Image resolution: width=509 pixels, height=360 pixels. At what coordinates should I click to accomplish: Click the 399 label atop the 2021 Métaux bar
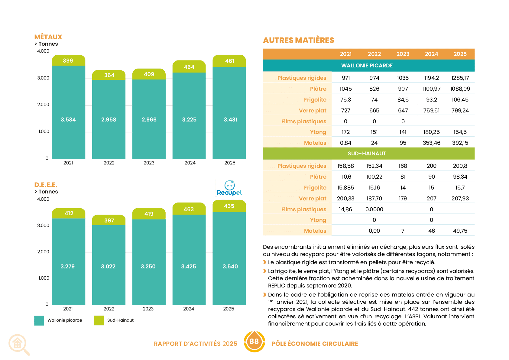[68, 61]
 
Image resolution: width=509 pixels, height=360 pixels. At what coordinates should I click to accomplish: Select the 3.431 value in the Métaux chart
[230, 119]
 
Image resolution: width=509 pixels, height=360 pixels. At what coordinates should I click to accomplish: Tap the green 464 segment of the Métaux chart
[189, 66]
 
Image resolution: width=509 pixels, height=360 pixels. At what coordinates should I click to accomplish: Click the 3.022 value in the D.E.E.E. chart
[108, 266]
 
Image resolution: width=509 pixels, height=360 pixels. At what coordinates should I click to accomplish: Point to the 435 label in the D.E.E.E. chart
[229, 206]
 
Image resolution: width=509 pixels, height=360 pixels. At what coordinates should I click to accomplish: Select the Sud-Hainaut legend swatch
[99, 320]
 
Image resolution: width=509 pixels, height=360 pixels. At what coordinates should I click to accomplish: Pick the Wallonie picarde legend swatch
[39, 320]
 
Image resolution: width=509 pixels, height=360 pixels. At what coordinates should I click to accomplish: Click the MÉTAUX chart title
[48, 37]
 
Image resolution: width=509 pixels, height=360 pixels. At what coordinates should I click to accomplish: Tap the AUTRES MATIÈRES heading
[299, 40]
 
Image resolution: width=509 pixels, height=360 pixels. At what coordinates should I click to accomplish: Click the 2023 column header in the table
[403, 54]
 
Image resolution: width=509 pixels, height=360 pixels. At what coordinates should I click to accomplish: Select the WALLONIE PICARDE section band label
[367, 66]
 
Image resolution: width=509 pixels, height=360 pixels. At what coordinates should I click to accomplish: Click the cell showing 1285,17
[460, 78]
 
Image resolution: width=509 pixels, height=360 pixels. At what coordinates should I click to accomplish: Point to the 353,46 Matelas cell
[432, 143]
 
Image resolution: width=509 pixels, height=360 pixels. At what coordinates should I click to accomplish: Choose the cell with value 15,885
[345, 188]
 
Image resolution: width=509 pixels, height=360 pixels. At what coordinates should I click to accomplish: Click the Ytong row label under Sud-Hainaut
[318, 220]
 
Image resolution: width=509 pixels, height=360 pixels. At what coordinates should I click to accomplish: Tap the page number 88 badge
[254, 341]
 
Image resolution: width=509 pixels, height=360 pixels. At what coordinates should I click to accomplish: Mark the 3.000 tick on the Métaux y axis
[43, 78]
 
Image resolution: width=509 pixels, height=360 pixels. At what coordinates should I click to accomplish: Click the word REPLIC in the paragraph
[276, 286]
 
